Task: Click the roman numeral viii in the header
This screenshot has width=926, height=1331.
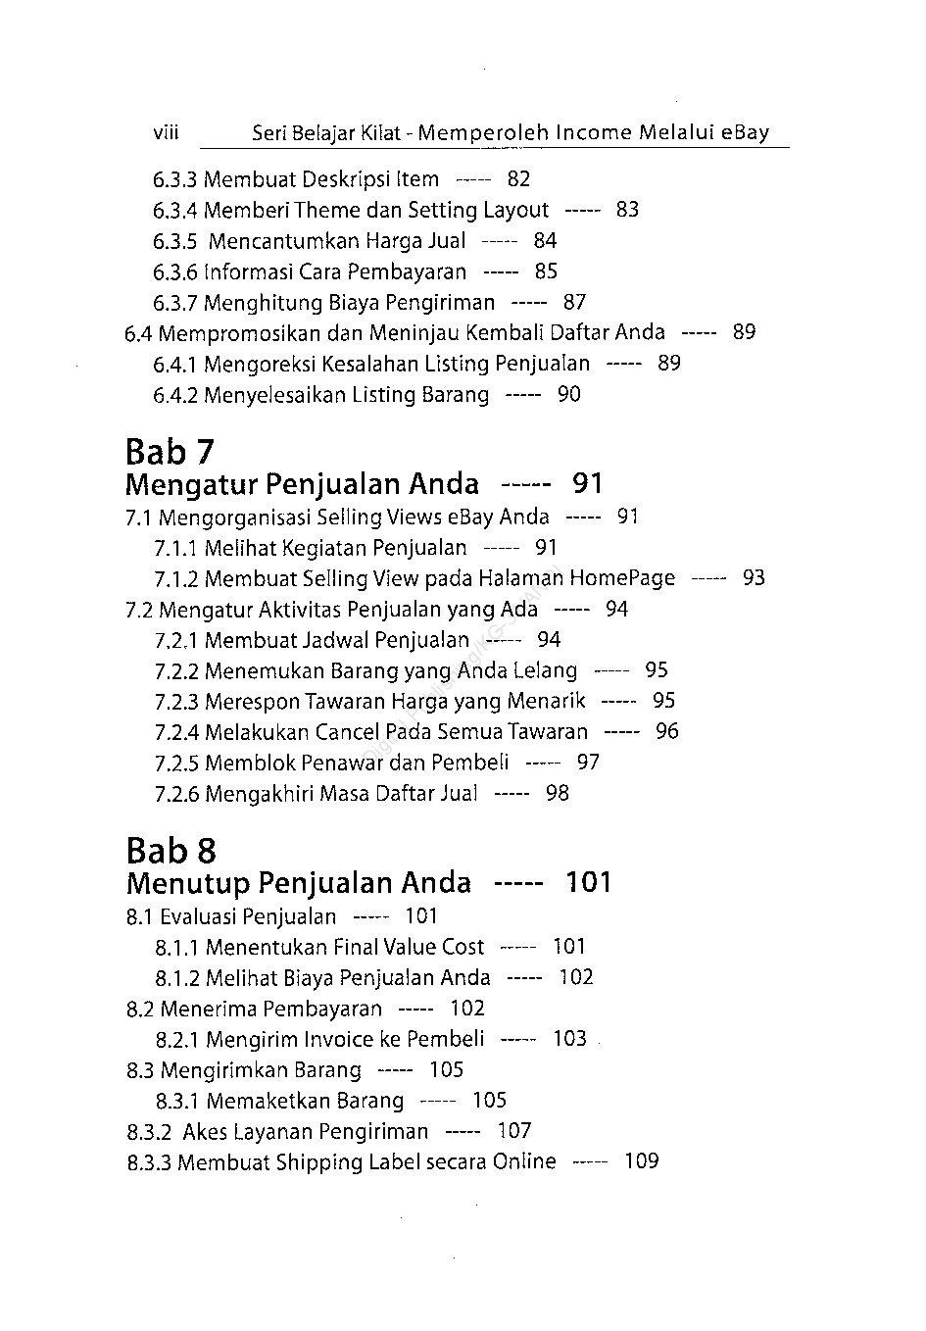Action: pos(166,132)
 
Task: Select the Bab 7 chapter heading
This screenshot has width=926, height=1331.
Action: pos(170,452)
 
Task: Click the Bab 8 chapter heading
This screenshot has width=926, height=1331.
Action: pos(171,851)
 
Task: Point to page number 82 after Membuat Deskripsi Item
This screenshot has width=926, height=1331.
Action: pos(518,179)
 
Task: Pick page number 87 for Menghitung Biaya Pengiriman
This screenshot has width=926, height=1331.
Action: pos(574,303)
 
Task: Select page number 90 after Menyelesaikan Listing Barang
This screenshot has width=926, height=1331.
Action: pos(568,395)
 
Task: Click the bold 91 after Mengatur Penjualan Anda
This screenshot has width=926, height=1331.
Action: pos(588,483)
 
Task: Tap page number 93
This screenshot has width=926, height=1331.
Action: pos(753,578)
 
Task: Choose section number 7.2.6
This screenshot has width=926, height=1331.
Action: pos(176,794)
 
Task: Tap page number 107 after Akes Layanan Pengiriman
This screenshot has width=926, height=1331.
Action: pos(513,1131)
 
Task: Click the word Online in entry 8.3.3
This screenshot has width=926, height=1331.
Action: pos(524,1162)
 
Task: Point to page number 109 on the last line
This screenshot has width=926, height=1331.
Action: pos(641,1161)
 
